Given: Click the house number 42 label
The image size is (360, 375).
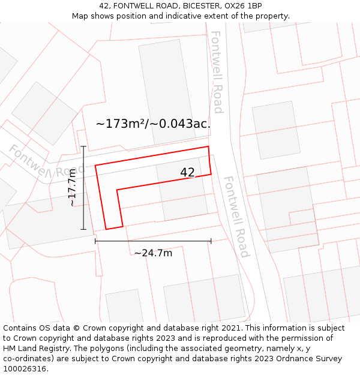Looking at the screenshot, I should [x=187, y=173].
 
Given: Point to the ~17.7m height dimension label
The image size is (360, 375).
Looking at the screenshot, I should [x=73, y=188].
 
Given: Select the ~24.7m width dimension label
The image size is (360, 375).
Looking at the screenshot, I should [x=153, y=253].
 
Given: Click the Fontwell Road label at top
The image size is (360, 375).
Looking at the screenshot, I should [x=217, y=72].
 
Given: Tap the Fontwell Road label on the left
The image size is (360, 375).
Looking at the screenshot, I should [x=45, y=164].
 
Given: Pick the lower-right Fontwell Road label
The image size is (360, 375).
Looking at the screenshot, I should [x=236, y=217].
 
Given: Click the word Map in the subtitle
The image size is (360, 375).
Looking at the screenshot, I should [x=81, y=16].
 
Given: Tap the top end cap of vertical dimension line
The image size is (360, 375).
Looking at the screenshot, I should [x=83, y=146].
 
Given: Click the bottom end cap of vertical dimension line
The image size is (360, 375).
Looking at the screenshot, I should [x=83, y=229].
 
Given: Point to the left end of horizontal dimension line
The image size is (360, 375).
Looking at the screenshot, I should [x=95, y=241].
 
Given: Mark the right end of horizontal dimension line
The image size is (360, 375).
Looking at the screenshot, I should [x=211, y=241].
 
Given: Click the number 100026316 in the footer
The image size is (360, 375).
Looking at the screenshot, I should [x=23, y=369].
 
